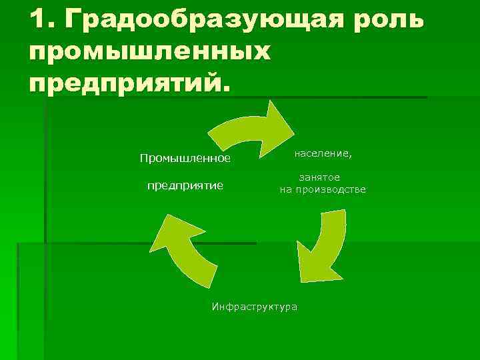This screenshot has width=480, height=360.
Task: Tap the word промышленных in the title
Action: [151, 51]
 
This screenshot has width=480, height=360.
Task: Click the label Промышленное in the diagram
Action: [185, 159]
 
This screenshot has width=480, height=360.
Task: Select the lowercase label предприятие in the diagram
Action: [185, 185]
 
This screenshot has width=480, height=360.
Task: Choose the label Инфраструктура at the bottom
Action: [255, 307]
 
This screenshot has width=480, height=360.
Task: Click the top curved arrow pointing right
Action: [247, 127]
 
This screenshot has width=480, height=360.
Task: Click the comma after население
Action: [351, 157]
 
